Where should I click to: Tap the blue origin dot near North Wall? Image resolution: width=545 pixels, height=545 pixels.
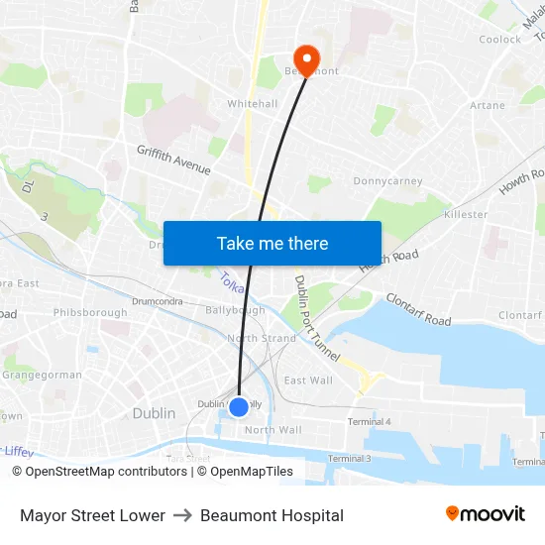[x=239, y=406]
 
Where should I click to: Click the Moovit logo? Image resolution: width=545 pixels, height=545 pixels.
[x=485, y=514]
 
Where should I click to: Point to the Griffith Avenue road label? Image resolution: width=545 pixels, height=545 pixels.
[x=173, y=160]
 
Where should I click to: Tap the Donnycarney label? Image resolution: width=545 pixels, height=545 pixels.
[x=387, y=181]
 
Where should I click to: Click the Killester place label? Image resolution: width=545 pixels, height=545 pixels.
[x=467, y=214]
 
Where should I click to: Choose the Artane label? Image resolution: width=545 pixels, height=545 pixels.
[x=488, y=105]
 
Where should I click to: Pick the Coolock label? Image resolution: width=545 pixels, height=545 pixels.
[x=499, y=40]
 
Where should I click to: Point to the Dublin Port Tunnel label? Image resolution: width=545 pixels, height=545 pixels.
[x=316, y=318]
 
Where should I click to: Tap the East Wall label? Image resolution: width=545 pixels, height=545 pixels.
[x=308, y=381]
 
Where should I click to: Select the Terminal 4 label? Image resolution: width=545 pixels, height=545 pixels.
[x=370, y=422]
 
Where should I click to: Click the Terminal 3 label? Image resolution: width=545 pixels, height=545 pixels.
[x=349, y=459]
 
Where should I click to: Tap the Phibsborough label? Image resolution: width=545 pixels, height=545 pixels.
[x=90, y=312]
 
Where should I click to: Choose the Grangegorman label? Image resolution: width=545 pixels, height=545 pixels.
[x=42, y=376]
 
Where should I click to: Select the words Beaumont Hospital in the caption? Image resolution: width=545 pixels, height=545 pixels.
[x=272, y=515]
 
